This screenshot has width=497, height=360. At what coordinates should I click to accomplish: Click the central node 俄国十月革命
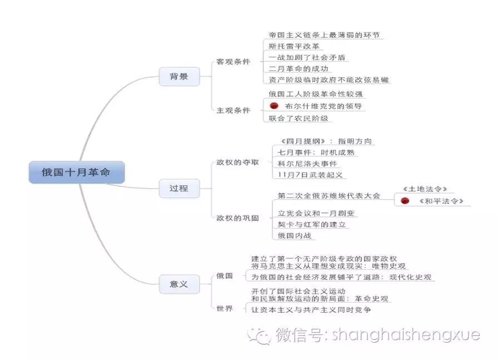[x=76, y=172]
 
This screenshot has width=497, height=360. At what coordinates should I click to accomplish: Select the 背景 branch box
[x=178, y=76]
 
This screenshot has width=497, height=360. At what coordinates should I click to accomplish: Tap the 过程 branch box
[x=178, y=188]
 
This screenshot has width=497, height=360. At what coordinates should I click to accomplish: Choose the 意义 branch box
[x=178, y=284]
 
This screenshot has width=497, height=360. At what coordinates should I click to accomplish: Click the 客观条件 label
[x=233, y=62]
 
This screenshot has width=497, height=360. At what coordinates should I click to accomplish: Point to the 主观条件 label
[x=233, y=110]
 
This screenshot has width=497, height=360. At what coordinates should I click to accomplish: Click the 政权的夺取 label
[x=237, y=162]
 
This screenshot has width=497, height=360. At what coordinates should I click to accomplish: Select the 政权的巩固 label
[x=237, y=218]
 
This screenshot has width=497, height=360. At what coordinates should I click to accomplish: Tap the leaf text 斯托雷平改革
[x=294, y=46]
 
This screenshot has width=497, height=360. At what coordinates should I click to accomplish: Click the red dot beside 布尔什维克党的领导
[x=274, y=105]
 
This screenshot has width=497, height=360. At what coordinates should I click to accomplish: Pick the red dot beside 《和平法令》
[x=405, y=201]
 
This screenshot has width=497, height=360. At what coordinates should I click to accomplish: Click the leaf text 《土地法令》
[x=424, y=189]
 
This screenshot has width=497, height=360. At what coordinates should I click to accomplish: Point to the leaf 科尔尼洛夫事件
[x=307, y=164]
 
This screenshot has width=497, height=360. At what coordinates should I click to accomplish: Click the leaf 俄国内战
[x=295, y=235]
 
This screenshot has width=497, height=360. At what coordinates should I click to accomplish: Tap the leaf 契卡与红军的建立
[x=312, y=224]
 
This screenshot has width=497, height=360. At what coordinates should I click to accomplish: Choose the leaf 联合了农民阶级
[x=298, y=118]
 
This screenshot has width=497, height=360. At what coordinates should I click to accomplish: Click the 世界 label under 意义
[x=225, y=308]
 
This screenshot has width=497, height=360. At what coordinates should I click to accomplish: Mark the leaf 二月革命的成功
[x=298, y=68]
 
